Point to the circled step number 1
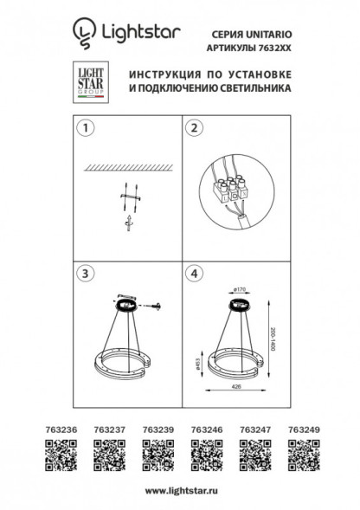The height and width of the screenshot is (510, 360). click(83, 129)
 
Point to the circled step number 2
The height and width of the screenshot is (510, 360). click(194, 129)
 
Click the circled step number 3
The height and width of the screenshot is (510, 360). click(83, 274)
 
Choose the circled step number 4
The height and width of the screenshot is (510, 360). click(194, 274)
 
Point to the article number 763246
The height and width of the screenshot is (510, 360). click(202, 427)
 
